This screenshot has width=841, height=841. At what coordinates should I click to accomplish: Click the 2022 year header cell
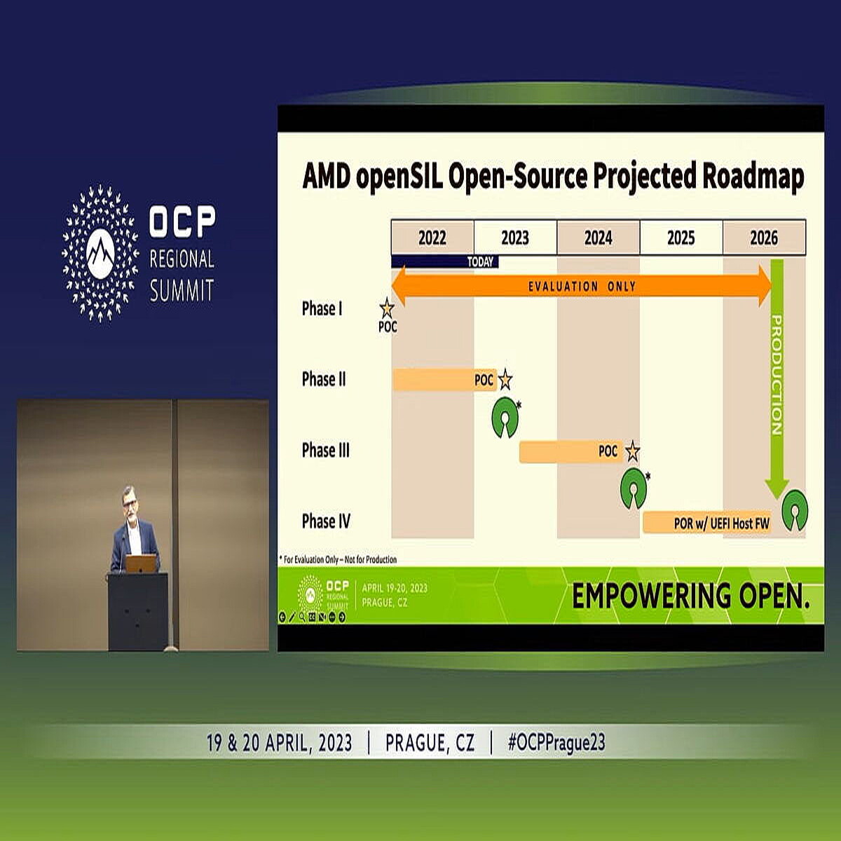point(432,238)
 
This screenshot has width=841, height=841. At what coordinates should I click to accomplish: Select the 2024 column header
point(598,238)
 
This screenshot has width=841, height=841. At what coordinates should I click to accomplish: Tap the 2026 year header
point(764,238)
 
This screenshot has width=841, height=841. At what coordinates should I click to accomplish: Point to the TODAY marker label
point(480,262)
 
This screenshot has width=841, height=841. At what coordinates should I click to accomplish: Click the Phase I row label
point(322,308)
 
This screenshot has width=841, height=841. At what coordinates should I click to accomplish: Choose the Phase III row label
point(325,450)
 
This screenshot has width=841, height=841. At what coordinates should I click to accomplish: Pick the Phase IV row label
point(326,521)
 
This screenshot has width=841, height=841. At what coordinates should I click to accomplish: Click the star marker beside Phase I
point(387,308)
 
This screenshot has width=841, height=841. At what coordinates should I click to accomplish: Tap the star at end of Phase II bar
point(505,380)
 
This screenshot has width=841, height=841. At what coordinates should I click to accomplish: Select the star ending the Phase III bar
point(632,452)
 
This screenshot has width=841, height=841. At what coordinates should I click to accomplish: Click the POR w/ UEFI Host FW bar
point(706,523)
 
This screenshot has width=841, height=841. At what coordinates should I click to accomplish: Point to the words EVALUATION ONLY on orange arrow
point(582,286)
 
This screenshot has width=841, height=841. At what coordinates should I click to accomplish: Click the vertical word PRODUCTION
point(777,375)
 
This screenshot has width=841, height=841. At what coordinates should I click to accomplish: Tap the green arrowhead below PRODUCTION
point(777,488)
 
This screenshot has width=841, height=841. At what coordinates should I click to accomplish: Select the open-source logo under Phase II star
point(505,417)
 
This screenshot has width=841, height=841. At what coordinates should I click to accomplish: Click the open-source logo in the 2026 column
point(795,510)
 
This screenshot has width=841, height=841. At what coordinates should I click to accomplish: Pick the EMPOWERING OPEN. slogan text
point(691,596)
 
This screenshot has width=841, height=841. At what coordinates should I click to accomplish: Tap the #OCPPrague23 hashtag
point(556,742)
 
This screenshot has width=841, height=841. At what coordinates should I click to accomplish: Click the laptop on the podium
point(141,563)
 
